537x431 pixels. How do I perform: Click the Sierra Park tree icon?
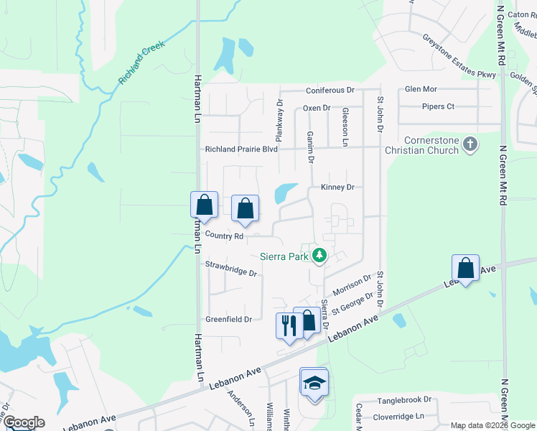point(319,255)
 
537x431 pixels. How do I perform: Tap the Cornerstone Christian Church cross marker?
point(470,144)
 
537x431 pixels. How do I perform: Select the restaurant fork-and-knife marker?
point(289,325)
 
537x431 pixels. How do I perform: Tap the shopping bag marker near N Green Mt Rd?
point(466,268)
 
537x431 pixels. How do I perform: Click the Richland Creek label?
point(142,62)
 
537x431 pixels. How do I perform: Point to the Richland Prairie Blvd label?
point(241,149)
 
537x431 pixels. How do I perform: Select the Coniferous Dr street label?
point(330,91)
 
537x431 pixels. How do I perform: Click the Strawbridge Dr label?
point(231,269)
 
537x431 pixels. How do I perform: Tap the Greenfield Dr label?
point(228,319)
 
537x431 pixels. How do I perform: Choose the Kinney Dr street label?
point(338,187)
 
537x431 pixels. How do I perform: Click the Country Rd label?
point(225,236)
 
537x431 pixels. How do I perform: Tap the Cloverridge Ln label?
point(400,416)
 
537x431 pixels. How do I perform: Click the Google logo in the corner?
point(23,422)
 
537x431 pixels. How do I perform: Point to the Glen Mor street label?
point(421,89)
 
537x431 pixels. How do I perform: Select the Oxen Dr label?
point(316,108)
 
